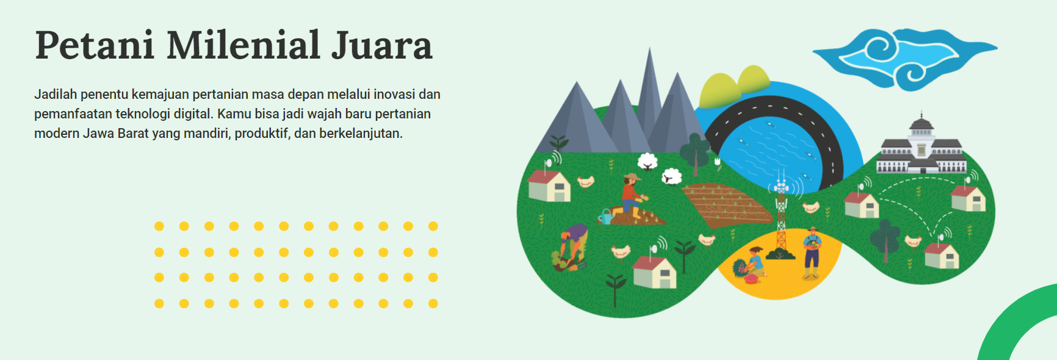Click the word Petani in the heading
pyautogui.click(x=93, y=45)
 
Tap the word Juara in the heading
pyautogui.click(x=382, y=45)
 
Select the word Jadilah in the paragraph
pyautogui.click(x=56, y=94)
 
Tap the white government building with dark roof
pyautogui.click(x=922, y=146)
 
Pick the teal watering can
pyautogui.click(x=605, y=217)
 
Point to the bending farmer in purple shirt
pyautogui.click(x=572, y=247)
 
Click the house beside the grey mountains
pyautogui.click(x=549, y=185)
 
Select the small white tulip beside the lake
pyautogui.click(x=718, y=162)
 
